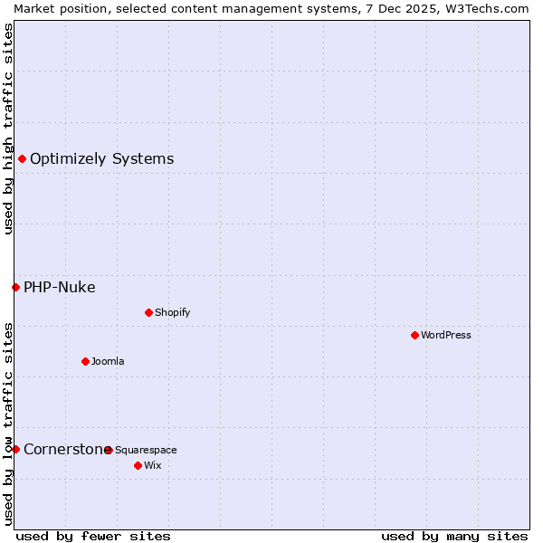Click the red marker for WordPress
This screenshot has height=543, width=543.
click(414, 335)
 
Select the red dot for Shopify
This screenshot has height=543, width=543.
click(148, 312)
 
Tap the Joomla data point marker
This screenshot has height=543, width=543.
click(85, 361)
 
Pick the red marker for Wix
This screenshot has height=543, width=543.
click(138, 465)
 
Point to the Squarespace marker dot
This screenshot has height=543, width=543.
click(109, 450)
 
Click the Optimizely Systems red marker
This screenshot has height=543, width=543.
click(22, 159)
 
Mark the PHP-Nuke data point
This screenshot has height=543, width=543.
click(15, 288)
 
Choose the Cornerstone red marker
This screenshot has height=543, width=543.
click(15, 449)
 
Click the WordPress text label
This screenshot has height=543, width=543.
click(446, 335)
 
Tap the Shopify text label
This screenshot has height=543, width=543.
click(173, 312)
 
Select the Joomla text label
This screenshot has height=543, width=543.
click(108, 361)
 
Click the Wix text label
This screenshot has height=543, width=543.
click(152, 465)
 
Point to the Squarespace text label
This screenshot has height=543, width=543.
click(146, 450)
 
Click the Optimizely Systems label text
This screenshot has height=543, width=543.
click(101, 159)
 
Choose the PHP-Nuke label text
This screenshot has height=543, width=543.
click(59, 288)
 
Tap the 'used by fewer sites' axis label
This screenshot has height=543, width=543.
click(93, 536)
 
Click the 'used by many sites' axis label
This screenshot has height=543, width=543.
click(454, 536)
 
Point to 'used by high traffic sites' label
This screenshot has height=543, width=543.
click(8, 129)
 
